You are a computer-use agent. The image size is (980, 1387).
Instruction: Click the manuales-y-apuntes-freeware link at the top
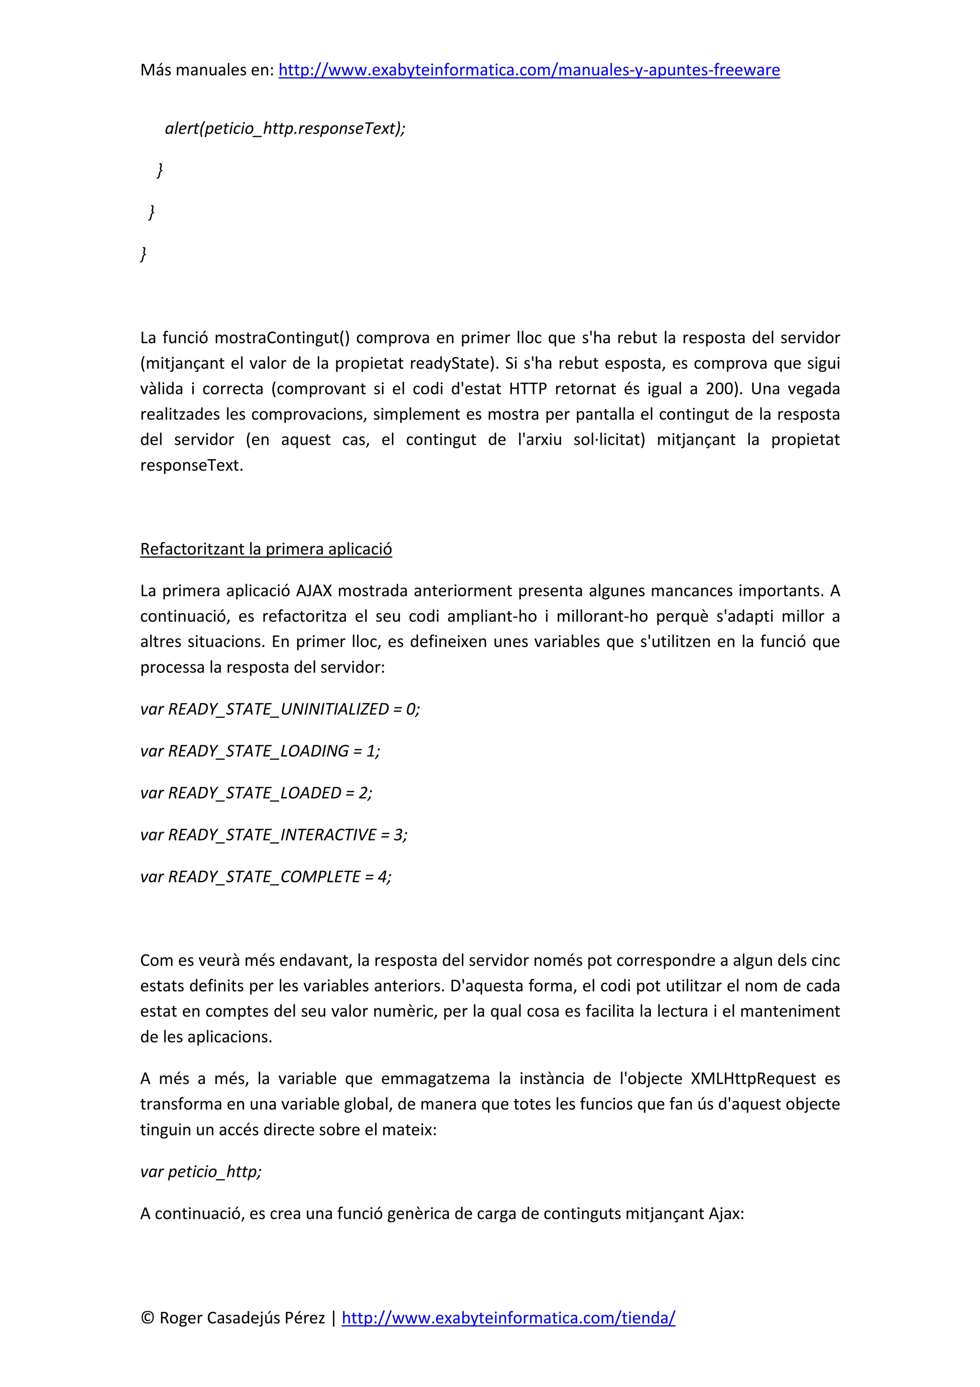coord(529,70)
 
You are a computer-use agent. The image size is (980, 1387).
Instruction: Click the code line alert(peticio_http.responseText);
coord(285,128)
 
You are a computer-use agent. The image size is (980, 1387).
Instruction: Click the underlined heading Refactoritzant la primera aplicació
coord(266,548)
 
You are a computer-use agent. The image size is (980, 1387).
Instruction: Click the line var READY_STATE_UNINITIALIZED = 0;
coord(279,709)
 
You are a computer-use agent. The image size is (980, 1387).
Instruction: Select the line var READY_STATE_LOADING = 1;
coord(260,750)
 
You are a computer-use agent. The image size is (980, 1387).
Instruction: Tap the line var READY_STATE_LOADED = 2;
coord(256,793)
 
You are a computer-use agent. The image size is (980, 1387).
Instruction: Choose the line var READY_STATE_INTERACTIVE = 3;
coord(274,834)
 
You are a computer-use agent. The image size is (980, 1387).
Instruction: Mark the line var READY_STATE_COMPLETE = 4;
coord(266,876)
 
